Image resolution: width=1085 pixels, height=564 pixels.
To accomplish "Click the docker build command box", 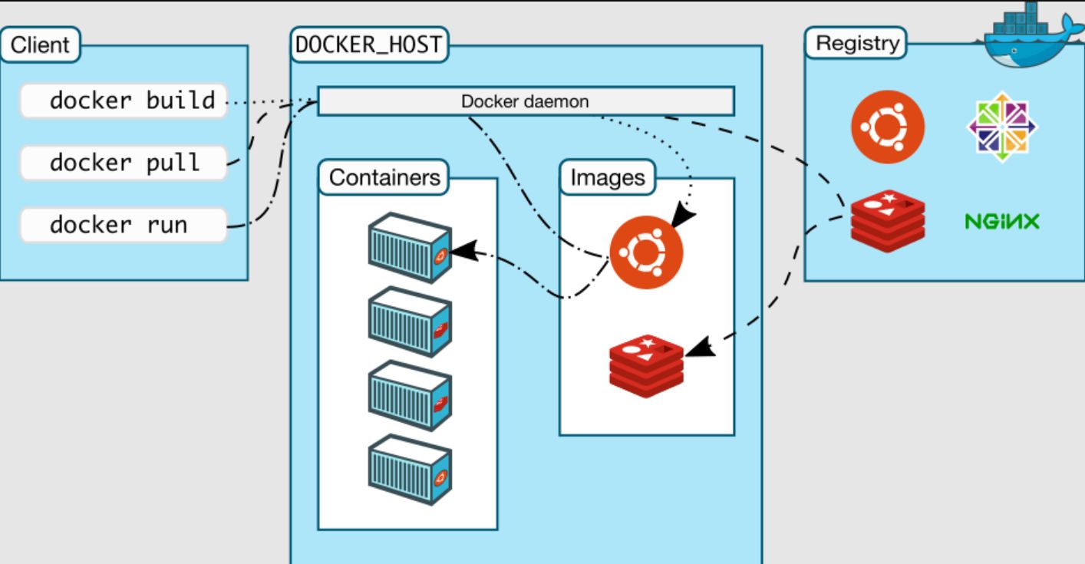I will [x=124, y=101].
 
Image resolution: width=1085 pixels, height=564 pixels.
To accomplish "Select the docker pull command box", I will [x=124, y=163].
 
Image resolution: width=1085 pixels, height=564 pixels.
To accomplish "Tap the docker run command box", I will [x=124, y=225].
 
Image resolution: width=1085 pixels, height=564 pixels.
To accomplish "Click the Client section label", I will [x=40, y=44].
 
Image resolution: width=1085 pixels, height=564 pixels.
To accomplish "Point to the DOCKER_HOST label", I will [x=369, y=44].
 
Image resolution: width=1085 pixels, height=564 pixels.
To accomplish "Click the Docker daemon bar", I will [x=526, y=101].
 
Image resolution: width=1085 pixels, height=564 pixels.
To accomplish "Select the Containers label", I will [x=384, y=177].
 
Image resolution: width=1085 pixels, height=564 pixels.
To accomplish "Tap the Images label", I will [x=608, y=177].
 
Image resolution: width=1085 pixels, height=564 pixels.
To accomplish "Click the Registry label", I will [x=856, y=43].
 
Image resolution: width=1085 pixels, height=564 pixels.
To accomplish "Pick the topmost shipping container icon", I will [x=409, y=247].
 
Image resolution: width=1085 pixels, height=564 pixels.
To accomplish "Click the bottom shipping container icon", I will [x=409, y=470].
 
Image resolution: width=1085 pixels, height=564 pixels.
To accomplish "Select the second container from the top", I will [x=409, y=321].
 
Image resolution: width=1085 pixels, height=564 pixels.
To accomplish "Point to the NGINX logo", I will [x=1002, y=223].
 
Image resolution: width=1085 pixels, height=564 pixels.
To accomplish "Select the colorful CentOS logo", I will [x=1002, y=127].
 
